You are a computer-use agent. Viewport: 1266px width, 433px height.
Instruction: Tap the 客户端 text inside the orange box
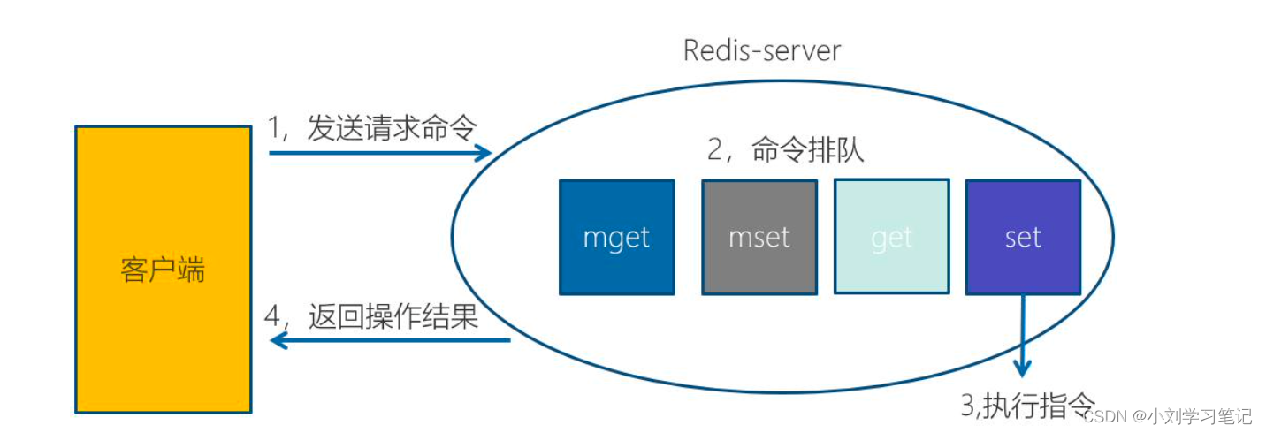tap(163, 270)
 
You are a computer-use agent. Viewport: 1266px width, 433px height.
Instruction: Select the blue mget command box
tap(616, 237)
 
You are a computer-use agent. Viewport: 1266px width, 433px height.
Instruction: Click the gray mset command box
tap(759, 237)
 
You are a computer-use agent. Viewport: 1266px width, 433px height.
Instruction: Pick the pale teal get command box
tap(891, 237)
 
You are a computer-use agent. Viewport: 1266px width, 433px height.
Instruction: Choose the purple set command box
tap(1023, 237)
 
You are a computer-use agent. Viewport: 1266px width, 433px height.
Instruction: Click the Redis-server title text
tap(761, 50)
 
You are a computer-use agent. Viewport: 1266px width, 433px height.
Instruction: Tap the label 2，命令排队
tap(785, 150)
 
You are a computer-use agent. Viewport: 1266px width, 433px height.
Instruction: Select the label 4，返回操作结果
tap(372, 315)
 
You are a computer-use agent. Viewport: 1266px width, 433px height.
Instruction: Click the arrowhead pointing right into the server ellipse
tap(484, 153)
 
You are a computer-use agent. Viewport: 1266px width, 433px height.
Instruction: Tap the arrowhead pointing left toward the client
tap(278, 341)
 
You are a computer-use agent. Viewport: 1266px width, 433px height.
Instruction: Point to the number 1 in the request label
tap(274, 129)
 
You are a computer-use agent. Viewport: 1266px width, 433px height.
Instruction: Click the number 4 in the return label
tap(274, 316)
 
